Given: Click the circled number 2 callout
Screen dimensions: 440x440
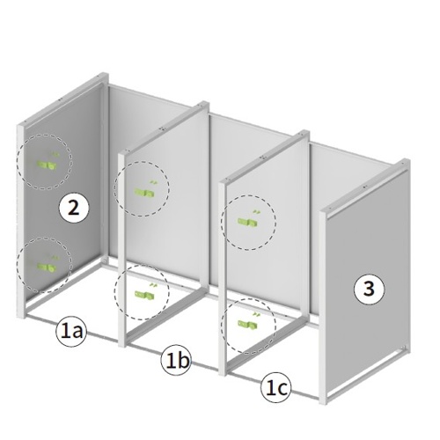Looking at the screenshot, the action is point(73,209).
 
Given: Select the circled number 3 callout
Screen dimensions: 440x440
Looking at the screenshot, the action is point(369,289).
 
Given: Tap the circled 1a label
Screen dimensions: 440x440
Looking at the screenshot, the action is point(71,333).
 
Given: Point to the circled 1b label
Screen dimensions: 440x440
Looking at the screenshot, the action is point(176,360).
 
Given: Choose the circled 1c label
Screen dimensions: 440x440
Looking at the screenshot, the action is point(275,388).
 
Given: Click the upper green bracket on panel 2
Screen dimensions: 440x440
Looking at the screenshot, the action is point(47,165).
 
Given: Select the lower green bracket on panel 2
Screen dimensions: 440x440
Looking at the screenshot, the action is point(47,267).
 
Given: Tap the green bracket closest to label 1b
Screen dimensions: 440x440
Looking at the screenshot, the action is point(144,294).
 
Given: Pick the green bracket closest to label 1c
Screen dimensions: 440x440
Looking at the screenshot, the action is point(248,324).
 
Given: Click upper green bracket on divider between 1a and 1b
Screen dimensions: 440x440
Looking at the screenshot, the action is point(144,192).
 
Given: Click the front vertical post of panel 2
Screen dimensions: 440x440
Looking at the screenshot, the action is point(21,222).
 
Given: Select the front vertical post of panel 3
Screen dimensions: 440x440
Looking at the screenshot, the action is point(323,307).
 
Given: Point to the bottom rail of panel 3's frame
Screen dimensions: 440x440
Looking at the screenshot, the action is point(367,375).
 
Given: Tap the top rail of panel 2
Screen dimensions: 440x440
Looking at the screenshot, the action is point(63,99).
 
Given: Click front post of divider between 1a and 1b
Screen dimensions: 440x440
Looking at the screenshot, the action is point(122,250).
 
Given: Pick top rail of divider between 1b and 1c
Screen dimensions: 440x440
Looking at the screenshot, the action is point(265,157).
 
